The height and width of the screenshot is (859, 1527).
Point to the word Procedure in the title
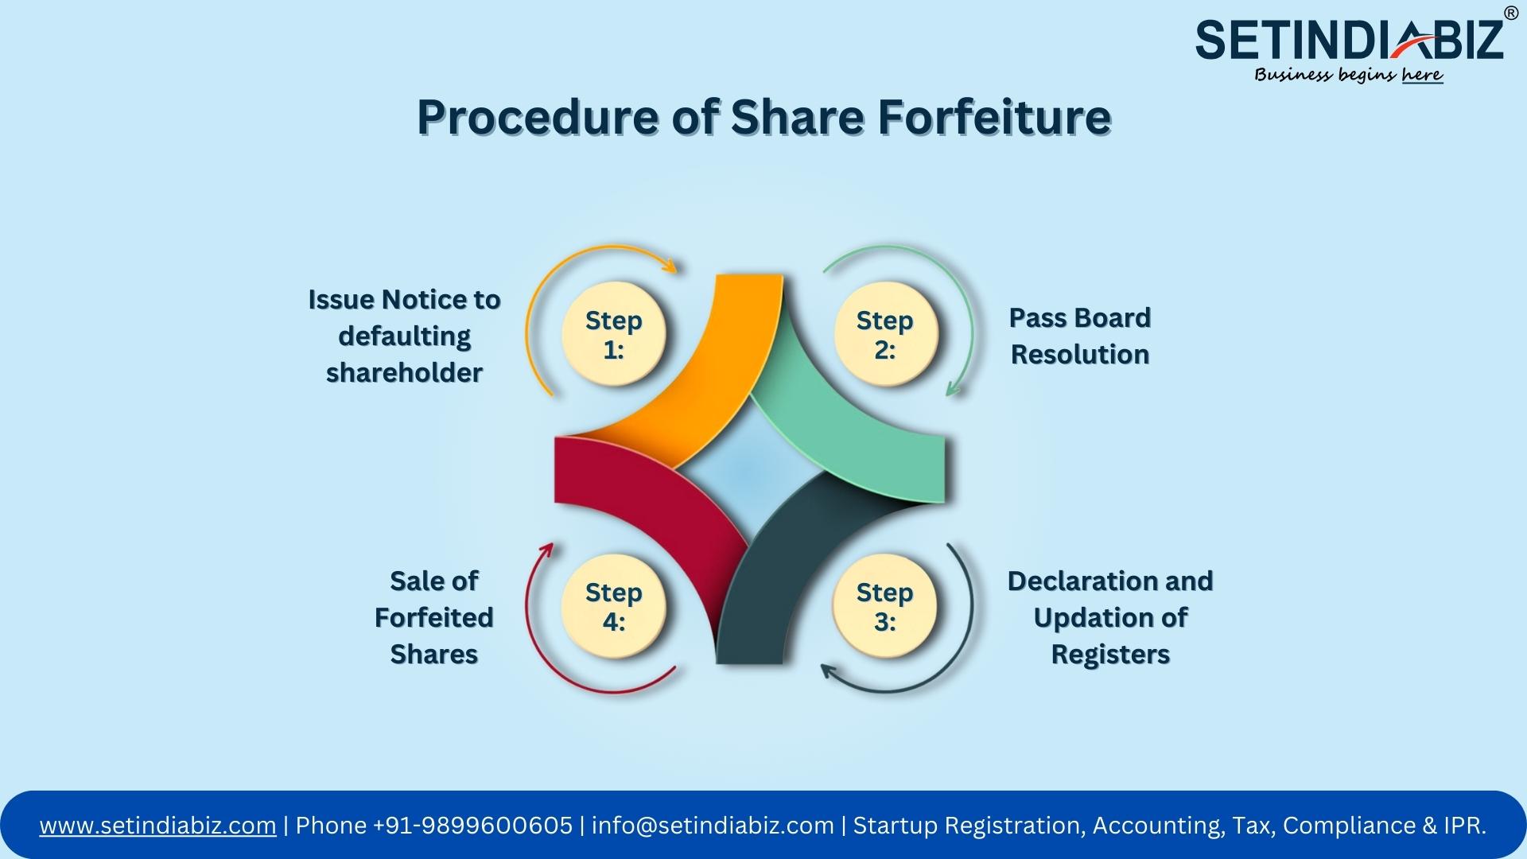538,117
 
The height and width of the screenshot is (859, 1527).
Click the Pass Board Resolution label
1080,336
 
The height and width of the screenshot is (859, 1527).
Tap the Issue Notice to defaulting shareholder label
404,336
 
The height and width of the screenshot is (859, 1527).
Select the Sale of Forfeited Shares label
434,617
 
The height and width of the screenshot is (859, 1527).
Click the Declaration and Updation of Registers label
1110,617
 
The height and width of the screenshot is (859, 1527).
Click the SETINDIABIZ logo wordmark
1350,40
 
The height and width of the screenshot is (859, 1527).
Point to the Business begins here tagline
1349,75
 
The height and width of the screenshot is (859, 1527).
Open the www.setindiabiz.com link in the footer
158,826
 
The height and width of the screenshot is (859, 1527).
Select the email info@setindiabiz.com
713,826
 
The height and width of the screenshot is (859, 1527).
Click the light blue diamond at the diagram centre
748,477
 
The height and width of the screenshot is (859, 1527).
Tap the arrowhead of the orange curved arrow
670,266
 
